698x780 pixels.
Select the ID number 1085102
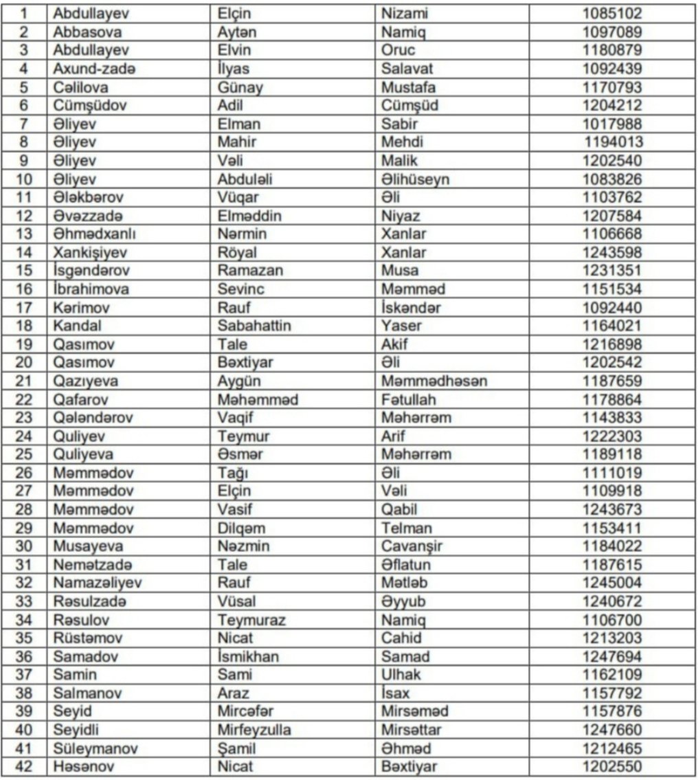click(x=612, y=13)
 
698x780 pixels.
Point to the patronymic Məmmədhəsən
click(x=434, y=381)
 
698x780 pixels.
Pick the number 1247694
click(x=612, y=656)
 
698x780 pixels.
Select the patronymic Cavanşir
click(x=414, y=546)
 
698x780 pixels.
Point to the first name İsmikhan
click(x=248, y=656)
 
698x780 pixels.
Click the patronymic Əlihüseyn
click(x=415, y=179)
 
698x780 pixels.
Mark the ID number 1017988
click(x=612, y=124)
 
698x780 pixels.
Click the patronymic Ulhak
click(x=401, y=675)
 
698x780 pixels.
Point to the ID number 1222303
click(x=612, y=436)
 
